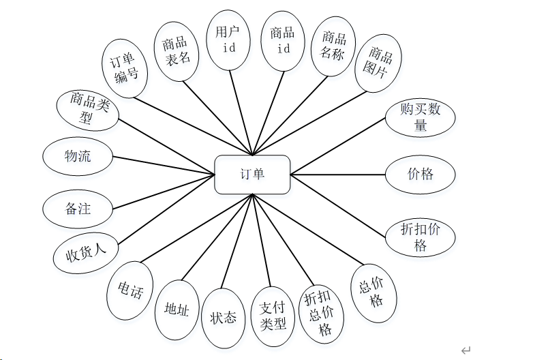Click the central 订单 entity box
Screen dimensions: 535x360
click(252, 175)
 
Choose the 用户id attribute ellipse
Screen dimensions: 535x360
click(229, 40)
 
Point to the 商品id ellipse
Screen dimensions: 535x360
click(283, 41)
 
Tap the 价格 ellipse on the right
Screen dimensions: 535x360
click(421, 175)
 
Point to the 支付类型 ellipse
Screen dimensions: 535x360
click(273, 316)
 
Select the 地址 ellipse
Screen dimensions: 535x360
click(177, 310)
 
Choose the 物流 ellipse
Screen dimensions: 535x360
click(78, 157)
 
